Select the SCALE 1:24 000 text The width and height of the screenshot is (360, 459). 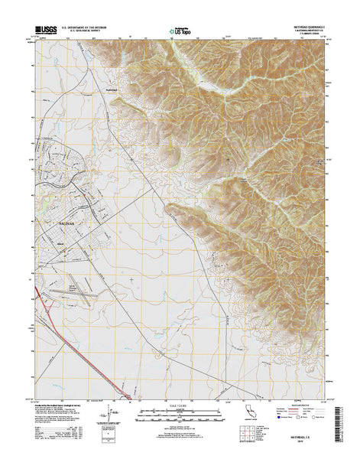pyautogui.click(x=180, y=404)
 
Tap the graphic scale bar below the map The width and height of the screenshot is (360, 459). pyautogui.click(x=180, y=414)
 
